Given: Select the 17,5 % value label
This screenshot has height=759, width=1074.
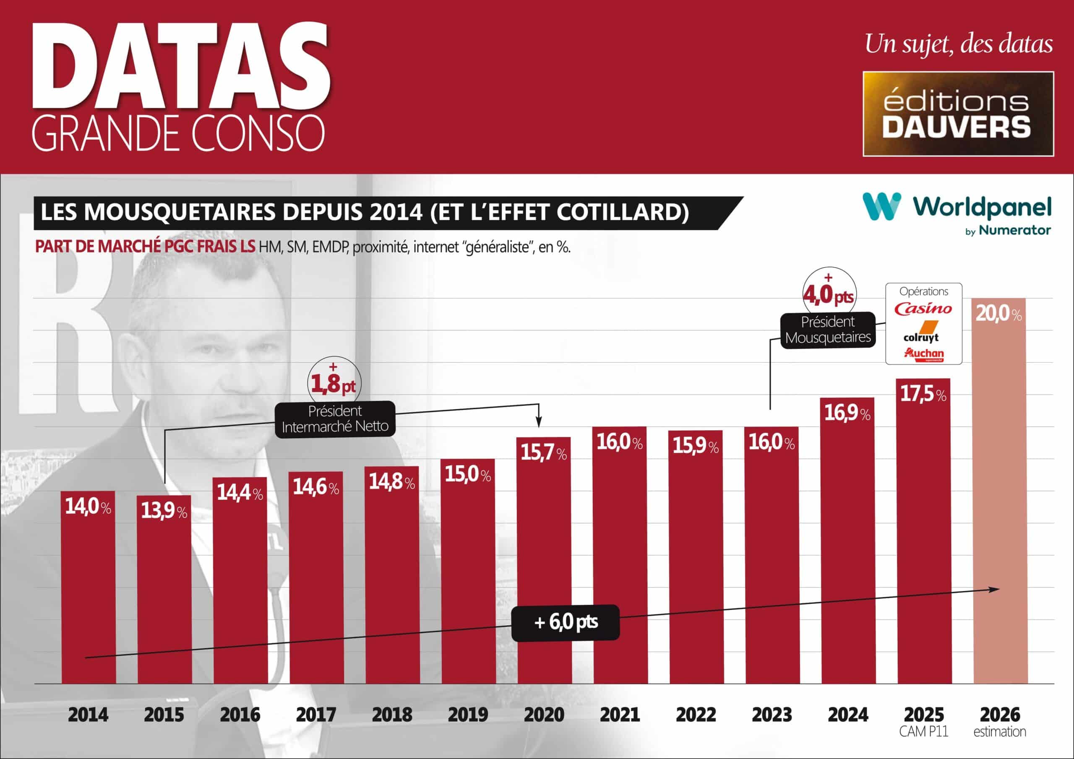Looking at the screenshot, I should point(923,394).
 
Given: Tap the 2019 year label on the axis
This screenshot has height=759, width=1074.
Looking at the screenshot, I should point(468,715).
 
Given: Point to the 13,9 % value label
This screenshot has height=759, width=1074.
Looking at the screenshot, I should point(164,510).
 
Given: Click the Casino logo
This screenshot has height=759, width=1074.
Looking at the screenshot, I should point(923,309).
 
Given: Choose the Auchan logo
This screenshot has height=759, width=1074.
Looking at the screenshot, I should point(924,354).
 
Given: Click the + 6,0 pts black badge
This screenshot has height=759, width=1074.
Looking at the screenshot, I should point(565,622).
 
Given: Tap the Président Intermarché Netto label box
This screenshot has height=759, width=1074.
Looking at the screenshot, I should point(335,419).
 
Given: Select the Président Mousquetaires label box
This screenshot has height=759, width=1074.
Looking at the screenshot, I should point(827,330).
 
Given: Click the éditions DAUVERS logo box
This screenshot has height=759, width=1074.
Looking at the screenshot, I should point(958,114).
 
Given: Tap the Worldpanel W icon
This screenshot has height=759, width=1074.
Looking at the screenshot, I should point(881,206).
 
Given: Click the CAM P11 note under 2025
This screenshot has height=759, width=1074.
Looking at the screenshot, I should point(923,732).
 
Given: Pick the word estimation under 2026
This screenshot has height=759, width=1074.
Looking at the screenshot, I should point(1000,732).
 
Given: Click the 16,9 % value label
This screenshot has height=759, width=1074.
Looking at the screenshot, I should point(847,413).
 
